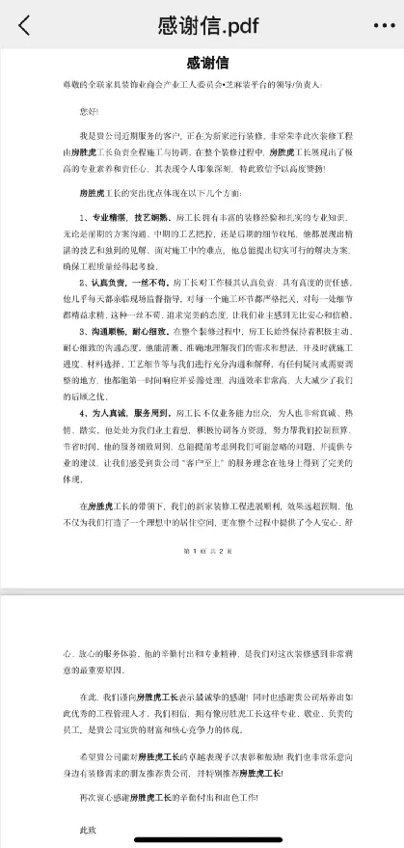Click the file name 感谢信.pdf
pyautogui.click(x=203, y=26)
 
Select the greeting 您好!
pyautogui.click(x=88, y=110)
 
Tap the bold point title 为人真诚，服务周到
pyautogui.click(x=124, y=412)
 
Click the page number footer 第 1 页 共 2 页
pyautogui.click(x=202, y=550)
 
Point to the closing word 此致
pyautogui.click(x=89, y=829)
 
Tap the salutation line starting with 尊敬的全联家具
pyautogui.click(x=193, y=88)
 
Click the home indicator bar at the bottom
pyautogui.click(x=202, y=842)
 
